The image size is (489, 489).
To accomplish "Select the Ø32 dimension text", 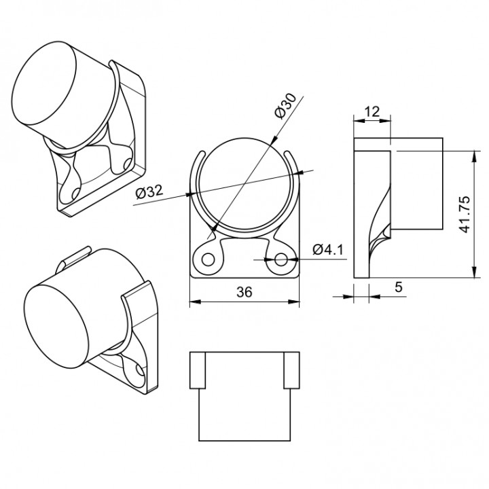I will point(149,193).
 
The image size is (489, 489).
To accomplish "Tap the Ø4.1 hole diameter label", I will point(328,250).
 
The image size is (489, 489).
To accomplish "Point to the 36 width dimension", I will point(244,291).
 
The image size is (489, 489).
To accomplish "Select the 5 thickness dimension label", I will point(398,287).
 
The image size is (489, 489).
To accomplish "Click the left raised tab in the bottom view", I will point(197,370).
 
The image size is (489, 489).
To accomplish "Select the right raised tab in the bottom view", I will point(291,370).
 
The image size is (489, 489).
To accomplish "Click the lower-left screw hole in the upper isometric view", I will point(76,194).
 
